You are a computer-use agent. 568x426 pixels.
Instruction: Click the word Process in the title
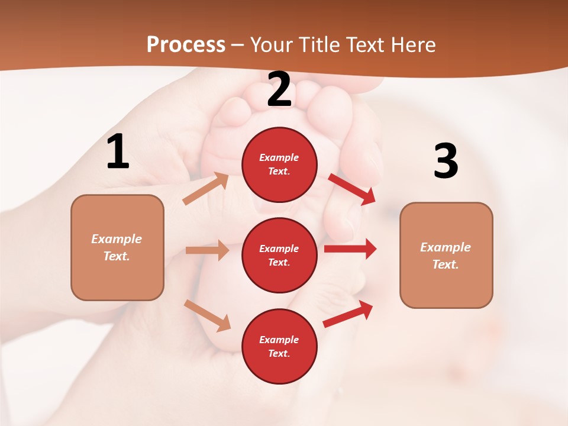(186, 45)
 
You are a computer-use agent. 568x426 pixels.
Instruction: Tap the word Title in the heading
(319, 45)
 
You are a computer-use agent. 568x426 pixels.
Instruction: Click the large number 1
(118, 152)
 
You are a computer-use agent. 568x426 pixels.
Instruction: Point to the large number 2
(279, 89)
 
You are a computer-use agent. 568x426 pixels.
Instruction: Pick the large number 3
(446, 161)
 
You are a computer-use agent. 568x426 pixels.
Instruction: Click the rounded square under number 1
(117, 247)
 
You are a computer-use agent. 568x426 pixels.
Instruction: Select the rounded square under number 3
(446, 256)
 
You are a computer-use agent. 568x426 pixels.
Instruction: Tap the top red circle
(279, 164)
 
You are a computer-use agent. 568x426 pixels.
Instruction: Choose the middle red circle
(279, 255)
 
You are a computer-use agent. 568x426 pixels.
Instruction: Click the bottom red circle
(279, 346)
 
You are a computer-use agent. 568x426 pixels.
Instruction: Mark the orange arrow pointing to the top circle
(206, 188)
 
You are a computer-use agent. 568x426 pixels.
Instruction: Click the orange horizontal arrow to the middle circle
(207, 250)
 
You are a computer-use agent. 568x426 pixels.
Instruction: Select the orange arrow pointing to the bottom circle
(208, 315)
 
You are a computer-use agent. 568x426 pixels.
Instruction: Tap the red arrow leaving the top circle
(351, 189)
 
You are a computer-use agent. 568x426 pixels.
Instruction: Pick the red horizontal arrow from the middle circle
(350, 249)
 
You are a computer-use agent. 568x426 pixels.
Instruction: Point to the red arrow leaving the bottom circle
(348, 314)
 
